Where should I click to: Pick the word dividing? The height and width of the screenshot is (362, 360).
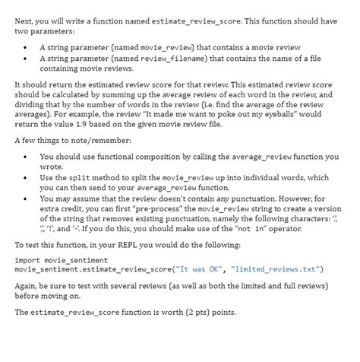click(x=33, y=103)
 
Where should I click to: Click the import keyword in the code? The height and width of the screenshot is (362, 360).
click(x=27, y=260)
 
